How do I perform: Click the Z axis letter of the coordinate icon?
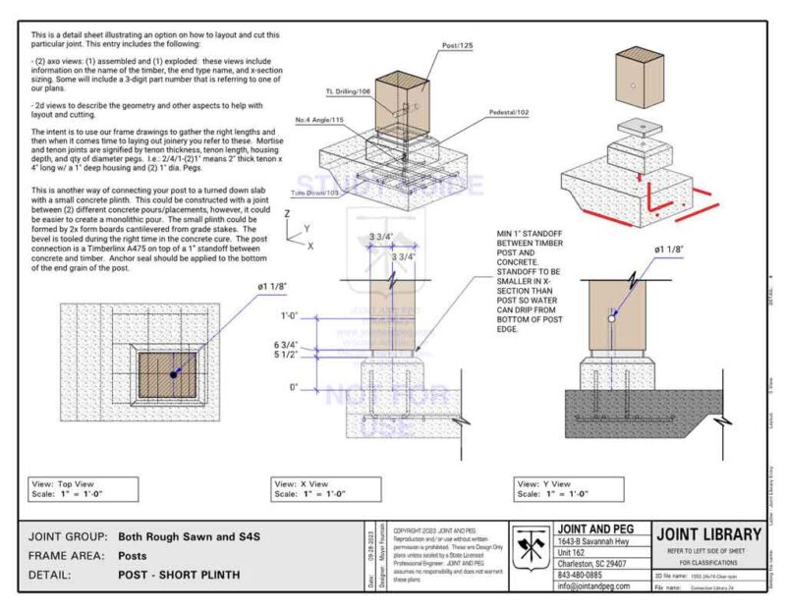(x=286, y=212)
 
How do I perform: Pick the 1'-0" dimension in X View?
(x=289, y=316)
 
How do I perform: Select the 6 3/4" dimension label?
(x=287, y=346)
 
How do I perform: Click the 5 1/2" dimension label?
(x=287, y=357)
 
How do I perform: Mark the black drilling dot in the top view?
(x=174, y=374)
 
